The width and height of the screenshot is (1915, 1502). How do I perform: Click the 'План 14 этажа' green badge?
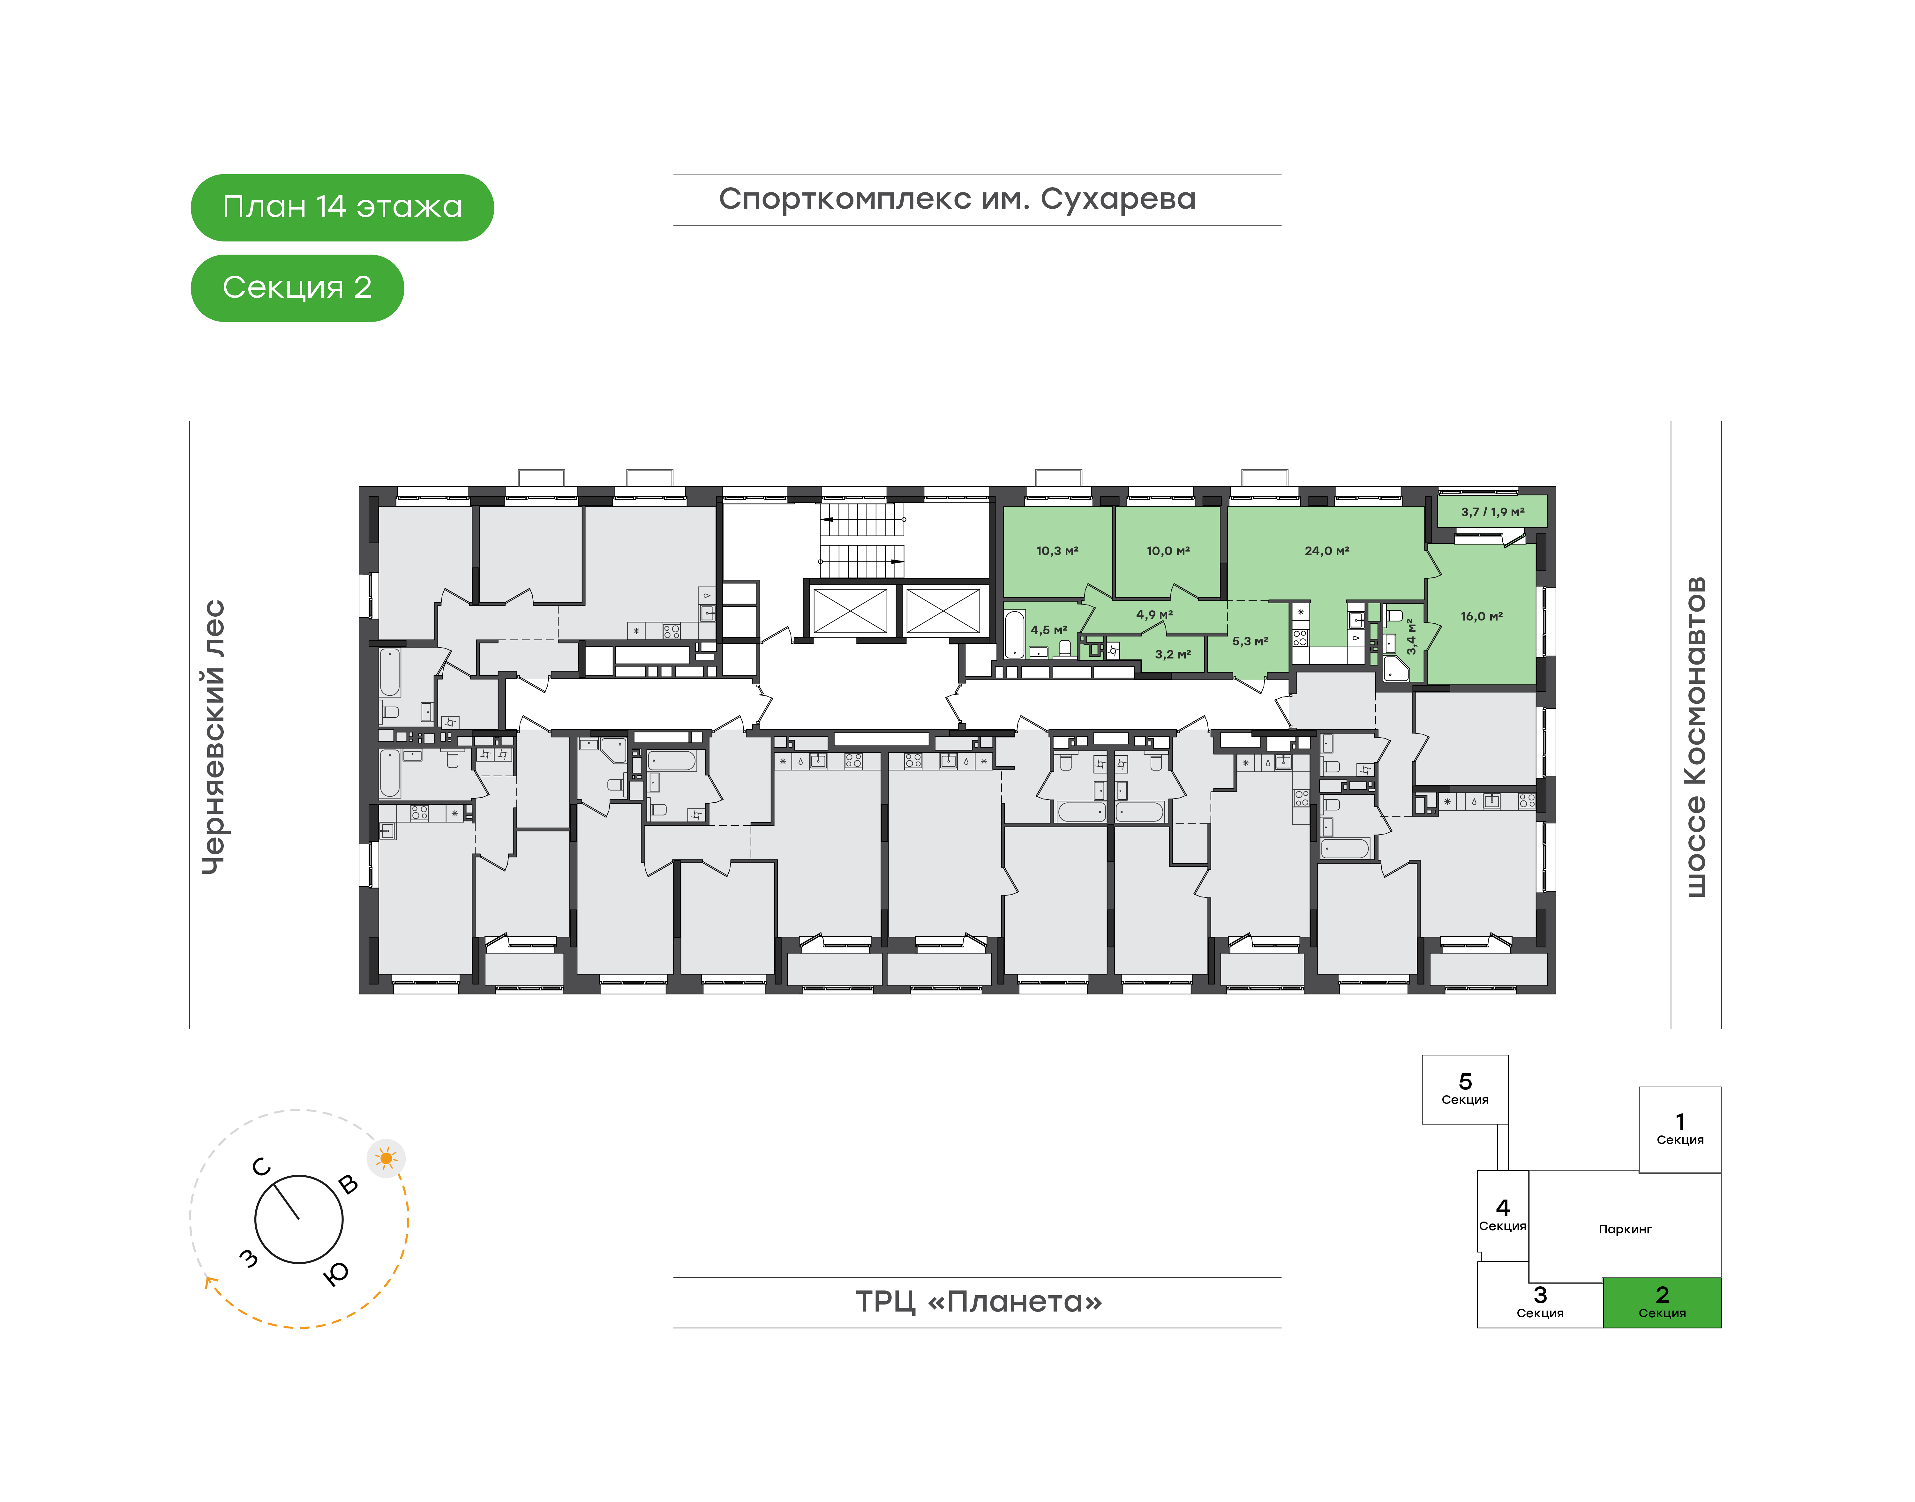coord(342,208)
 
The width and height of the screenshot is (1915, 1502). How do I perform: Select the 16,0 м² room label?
coord(1481,616)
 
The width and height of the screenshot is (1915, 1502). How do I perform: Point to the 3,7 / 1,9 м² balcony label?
coord(1493,512)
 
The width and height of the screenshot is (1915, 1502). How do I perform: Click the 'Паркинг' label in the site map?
coord(1625,1230)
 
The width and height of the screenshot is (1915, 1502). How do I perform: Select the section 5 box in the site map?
coord(1465,1089)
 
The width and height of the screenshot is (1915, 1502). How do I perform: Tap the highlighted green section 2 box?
coord(1662,1302)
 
